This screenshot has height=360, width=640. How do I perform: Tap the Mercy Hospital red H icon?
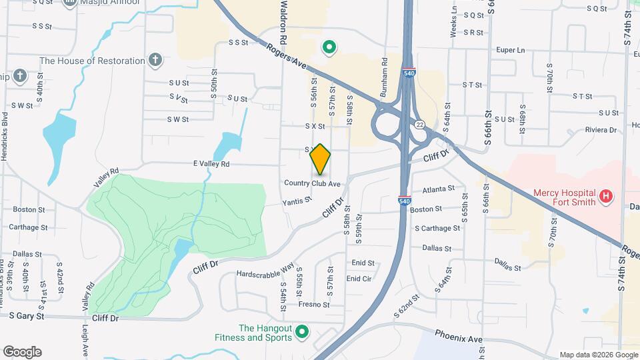(605, 196)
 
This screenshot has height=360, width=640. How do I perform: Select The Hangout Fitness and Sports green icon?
(302, 331)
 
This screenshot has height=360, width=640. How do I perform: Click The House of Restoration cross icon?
(155, 61)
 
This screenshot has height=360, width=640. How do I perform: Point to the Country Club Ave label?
(312, 183)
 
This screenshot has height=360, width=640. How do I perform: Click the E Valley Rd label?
(211, 163)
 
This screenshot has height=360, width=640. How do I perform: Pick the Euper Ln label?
(511, 50)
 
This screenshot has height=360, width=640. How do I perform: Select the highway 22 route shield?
(419, 124)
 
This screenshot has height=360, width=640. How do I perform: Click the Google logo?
(22, 352)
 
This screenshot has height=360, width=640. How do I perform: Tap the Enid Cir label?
(359, 279)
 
